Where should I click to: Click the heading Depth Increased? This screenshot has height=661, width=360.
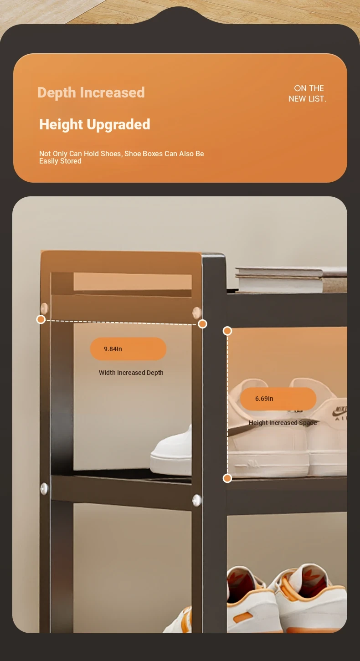91,92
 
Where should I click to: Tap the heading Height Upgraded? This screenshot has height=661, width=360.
95,124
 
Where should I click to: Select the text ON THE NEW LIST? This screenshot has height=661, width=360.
307,93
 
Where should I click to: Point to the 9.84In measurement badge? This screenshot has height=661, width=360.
128,349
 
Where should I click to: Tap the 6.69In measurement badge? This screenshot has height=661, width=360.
278,399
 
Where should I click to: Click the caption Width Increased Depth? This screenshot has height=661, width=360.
131,373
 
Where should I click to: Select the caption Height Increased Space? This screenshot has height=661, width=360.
283,423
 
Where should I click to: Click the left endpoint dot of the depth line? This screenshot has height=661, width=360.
41,319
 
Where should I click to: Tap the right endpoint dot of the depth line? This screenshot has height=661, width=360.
202,324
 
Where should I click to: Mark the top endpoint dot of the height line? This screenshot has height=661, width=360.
227,331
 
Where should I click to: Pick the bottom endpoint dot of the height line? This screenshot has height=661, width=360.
227,478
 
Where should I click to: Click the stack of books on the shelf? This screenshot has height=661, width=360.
291,279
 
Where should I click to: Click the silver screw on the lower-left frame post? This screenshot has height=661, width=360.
44,489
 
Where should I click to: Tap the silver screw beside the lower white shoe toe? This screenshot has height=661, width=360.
197,501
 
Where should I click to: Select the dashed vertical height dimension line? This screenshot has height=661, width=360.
227,405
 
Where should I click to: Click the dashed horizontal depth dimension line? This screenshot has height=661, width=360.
122,322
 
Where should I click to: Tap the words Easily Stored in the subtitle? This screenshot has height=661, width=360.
60,161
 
